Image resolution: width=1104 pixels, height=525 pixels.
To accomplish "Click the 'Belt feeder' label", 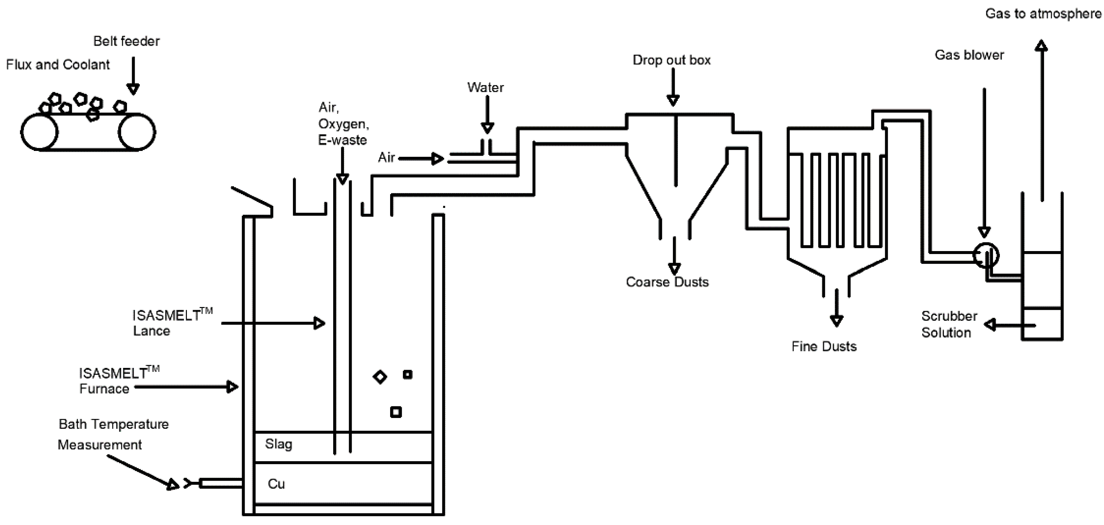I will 126,41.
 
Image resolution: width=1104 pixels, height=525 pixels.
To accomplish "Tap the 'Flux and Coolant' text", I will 58,65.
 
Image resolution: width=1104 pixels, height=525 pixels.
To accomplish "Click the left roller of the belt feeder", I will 40,132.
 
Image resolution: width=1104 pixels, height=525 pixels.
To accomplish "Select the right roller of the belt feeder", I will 137,132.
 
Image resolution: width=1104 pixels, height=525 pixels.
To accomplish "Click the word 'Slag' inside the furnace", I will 279,444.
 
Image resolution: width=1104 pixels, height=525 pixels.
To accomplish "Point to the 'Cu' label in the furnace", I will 276,484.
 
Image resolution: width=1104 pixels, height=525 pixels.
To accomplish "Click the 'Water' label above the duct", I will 485,87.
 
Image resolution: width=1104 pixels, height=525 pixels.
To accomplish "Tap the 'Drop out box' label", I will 671,60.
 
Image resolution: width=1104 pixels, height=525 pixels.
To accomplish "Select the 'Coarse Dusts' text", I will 667,282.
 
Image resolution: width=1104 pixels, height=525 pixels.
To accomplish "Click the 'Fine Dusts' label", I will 824,346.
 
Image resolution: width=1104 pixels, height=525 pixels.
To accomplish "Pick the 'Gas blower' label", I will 969,55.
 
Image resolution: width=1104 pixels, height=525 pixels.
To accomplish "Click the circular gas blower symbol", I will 986,255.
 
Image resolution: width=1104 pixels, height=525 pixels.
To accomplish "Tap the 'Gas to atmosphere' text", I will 1043,14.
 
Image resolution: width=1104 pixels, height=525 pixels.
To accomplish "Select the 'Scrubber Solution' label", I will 949,324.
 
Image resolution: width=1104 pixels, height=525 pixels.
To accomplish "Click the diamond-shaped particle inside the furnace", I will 380,377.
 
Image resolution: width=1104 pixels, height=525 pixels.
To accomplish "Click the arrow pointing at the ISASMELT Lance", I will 274,323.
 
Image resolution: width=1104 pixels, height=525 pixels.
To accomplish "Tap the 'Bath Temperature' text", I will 114,424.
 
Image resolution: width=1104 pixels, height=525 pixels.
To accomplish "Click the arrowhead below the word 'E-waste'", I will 343,179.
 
